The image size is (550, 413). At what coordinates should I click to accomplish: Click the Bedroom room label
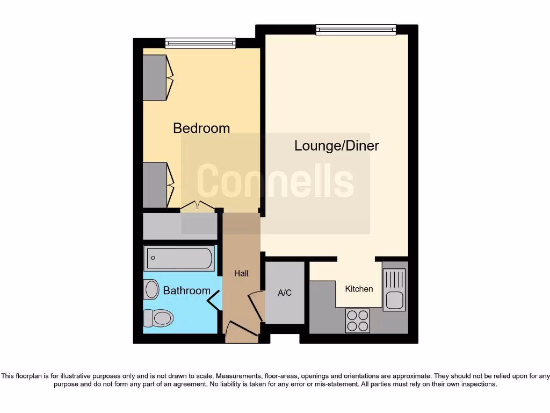pos(201,128)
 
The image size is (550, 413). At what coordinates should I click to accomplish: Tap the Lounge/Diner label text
pos(337,145)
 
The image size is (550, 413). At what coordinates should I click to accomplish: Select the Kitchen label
pos(359,289)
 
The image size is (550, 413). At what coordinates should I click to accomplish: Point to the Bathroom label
pos(186,290)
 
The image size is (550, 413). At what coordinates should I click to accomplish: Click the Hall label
pos(241,273)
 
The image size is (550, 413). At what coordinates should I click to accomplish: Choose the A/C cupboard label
pos(285,293)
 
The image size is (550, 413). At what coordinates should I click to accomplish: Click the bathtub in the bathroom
pos(179,258)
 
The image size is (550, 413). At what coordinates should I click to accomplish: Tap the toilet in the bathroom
pos(159,317)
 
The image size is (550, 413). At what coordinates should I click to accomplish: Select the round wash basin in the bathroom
pos(151,290)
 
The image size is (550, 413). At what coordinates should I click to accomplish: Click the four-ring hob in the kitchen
pos(358,321)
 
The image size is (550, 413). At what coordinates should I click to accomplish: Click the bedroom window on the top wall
pos(200,43)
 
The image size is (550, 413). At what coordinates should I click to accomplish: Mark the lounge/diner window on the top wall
pos(356,30)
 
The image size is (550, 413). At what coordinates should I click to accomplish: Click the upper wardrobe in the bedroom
pos(156,77)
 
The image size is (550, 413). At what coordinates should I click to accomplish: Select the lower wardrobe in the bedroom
pos(156,184)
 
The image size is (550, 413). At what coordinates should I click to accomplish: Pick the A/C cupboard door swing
pos(257,304)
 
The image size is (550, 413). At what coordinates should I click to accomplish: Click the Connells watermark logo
pos(276,181)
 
